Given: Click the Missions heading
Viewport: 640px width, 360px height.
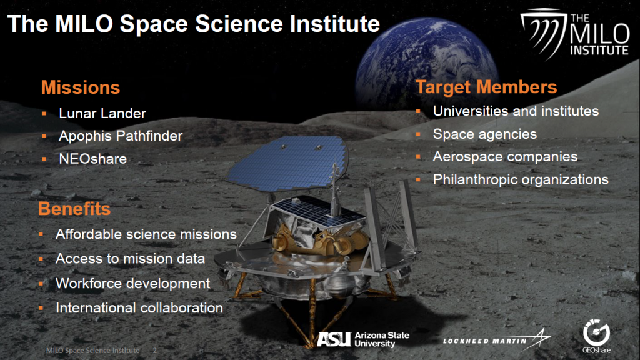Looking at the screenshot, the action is pyautogui.click(x=81, y=87).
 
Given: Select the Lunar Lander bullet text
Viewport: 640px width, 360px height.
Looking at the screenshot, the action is pyautogui.click(x=102, y=114).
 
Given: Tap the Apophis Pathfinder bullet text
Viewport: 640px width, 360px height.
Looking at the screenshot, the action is pyautogui.click(x=121, y=136).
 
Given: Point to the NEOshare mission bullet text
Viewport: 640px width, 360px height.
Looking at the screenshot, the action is pyautogui.click(x=92, y=159).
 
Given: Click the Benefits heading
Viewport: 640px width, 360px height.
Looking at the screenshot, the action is pyautogui.click(x=74, y=209).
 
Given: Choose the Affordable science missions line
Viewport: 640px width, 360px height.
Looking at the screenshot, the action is pyautogui.click(x=146, y=234).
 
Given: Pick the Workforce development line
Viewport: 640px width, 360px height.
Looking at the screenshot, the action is pyautogui.click(x=132, y=283).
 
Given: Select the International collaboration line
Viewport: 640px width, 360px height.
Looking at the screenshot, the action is pyautogui.click(x=139, y=307).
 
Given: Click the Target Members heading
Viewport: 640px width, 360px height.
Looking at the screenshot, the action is pyautogui.click(x=486, y=87).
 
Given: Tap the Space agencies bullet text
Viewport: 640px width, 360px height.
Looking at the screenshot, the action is pyautogui.click(x=484, y=134).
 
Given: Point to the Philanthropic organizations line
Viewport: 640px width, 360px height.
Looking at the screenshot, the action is pyautogui.click(x=521, y=179).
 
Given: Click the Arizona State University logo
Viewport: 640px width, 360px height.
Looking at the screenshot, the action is pyautogui.click(x=363, y=339).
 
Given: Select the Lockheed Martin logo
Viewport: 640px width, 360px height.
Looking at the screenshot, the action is pyautogui.click(x=497, y=339).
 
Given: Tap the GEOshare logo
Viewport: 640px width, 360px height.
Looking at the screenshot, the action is pyautogui.click(x=596, y=336).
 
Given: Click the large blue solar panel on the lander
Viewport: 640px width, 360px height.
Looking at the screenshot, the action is pyautogui.click(x=287, y=163).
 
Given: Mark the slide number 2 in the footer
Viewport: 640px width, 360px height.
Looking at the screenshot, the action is pyautogui.click(x=155, y=351).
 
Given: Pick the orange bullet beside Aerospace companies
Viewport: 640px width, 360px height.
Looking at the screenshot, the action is pyautogui.click(x=418, y=157).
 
